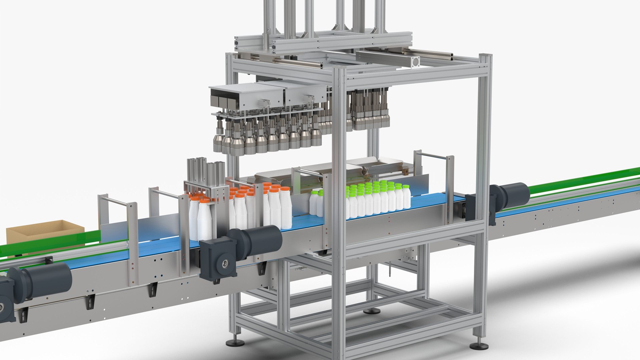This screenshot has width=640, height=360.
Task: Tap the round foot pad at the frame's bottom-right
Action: tap(479, 346)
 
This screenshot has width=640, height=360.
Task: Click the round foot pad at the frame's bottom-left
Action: tap(235, 343)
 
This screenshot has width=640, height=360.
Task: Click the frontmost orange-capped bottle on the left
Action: tap(204, 218)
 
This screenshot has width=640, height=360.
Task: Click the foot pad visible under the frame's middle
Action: tap(372, 311)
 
